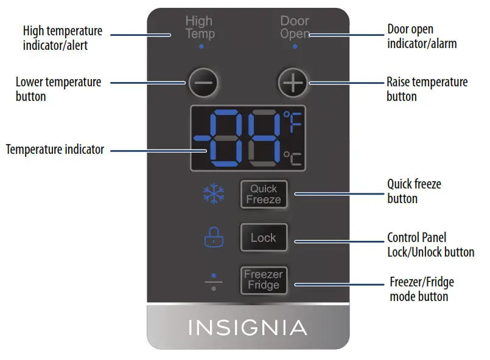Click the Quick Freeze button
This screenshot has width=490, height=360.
pos(264,194)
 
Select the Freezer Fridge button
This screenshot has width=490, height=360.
pos(264,280)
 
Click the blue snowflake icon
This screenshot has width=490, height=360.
pos(213,195)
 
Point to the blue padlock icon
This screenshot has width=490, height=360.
pos(213,237)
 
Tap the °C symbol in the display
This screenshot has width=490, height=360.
pos(293,158)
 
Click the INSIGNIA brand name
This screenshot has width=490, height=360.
pos(248,328)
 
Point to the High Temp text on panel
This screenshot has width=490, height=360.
pos(200,28)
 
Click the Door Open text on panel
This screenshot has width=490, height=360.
pos(295,28)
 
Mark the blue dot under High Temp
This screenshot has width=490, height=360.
pos(201,47)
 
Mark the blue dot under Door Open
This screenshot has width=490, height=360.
pos(295,47)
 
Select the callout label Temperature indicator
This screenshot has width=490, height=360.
pos(55,149)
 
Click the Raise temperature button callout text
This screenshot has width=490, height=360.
pos(427,89)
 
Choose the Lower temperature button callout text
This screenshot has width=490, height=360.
pos(58,89)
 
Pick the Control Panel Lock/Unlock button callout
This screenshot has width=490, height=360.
pos(430,244)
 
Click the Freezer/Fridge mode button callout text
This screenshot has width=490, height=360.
pos(421,289)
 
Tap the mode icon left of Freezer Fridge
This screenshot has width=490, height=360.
pos(213,281)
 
